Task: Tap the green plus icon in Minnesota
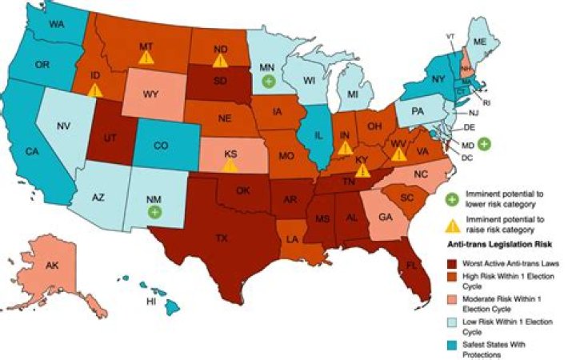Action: (x=269, y=81)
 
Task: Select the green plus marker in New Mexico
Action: (x=154, y=212)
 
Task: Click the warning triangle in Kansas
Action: (x=230, y=166)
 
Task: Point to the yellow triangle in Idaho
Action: (x=94, y=90)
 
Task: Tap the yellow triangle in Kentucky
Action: (x=362, y=170)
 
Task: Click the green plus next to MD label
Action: (x=483, y=144)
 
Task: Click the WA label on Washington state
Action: (x=55, y=25)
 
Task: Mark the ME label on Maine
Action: (x=480, y=41)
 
